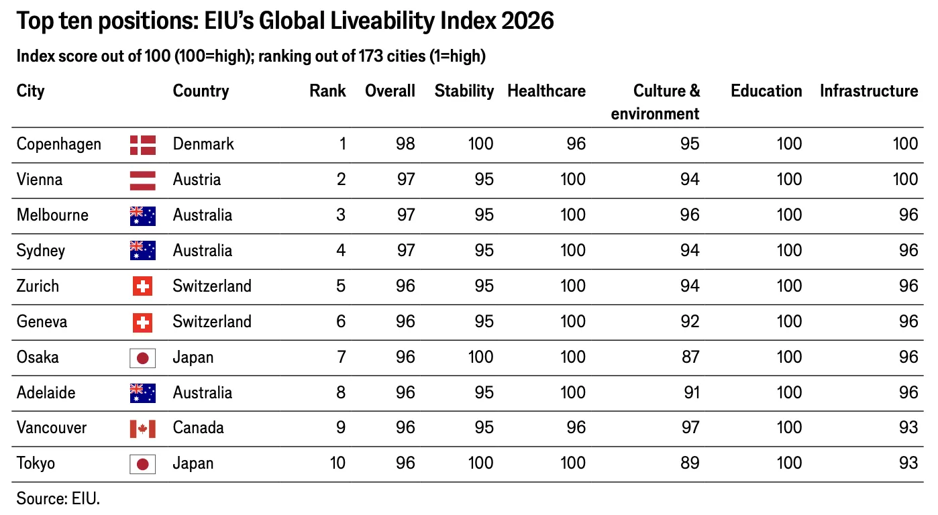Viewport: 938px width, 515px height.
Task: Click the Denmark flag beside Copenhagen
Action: click(143, 145)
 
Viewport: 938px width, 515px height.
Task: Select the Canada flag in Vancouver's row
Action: click(143, 428)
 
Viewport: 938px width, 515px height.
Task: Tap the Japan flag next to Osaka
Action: click(143, 358)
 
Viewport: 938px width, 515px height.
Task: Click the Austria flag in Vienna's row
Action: click(143, 180)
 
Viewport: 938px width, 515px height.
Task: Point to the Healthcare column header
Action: click(546, 91)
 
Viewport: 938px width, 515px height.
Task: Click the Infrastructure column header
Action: click(869, 91)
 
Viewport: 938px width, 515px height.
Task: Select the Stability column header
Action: click(464, 91)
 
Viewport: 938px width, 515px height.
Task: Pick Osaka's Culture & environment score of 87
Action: click(690, 357)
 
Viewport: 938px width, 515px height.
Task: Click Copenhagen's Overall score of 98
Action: click(405, 144)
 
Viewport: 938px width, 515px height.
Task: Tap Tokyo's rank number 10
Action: click(337, 463)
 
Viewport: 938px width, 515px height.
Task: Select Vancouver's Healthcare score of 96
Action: click(576, 427)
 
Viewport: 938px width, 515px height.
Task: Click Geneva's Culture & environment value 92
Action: click(690, 321)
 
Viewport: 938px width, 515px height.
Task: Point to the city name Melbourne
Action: click(52, 215)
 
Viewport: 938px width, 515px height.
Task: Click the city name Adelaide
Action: click(46, 392)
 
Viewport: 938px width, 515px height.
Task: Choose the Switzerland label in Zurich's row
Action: click(212, 286)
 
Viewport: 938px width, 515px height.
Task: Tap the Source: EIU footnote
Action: click(58, 499)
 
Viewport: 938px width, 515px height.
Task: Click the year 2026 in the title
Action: click(527, 21)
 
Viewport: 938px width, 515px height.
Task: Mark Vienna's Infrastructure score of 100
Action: click(905, 179)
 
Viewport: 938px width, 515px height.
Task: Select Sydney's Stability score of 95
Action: click(484, 250)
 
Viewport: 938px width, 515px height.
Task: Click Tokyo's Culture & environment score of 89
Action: click(690, 463)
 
